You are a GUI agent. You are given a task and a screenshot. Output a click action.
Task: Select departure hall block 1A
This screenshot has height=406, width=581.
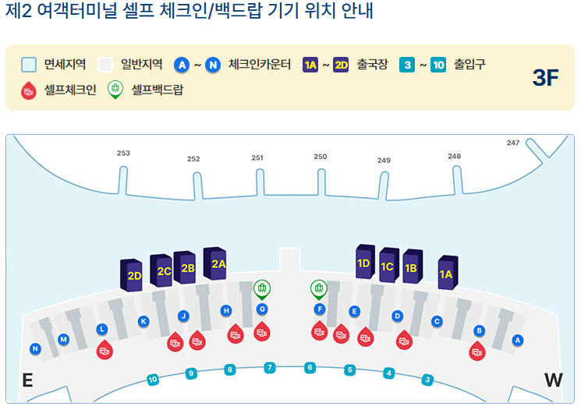(446, 273)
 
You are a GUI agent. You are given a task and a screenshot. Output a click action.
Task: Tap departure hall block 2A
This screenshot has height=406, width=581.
(218, 263)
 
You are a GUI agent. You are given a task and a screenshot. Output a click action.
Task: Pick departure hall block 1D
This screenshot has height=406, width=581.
(363, 263)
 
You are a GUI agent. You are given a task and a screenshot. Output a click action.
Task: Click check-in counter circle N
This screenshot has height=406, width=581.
(35, 348)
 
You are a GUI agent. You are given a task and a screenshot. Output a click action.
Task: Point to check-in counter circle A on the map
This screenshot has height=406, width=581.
(517, 340)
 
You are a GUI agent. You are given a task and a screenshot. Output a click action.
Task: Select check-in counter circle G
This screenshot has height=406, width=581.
(262, 309)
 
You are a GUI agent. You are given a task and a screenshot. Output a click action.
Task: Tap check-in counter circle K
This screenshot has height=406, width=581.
(143, 321)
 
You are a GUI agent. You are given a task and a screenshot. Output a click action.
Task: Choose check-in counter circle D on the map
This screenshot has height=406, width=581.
(397, 316)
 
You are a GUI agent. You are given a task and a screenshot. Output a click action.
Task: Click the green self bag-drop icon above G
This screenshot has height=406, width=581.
(262, 290)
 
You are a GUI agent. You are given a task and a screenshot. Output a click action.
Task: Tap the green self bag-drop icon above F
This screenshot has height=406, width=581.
(318, 289)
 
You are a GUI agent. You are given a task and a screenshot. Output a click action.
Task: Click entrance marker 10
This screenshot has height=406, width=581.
(153, 380)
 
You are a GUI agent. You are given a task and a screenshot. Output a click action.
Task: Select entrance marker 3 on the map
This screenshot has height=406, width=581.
(427, 380)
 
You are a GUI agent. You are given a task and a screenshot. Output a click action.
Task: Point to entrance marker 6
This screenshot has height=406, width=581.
(310, 367)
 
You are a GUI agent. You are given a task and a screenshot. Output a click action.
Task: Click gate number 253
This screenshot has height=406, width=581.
(123, 154)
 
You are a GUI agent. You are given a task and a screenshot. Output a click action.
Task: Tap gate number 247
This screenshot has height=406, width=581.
(512, 143)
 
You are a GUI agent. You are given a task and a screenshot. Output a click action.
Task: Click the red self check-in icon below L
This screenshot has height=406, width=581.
(104, 350)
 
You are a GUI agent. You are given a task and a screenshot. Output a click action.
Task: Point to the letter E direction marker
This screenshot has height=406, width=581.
(27, 380)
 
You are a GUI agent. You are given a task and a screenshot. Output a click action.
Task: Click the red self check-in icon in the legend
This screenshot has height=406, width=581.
(30, 90)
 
